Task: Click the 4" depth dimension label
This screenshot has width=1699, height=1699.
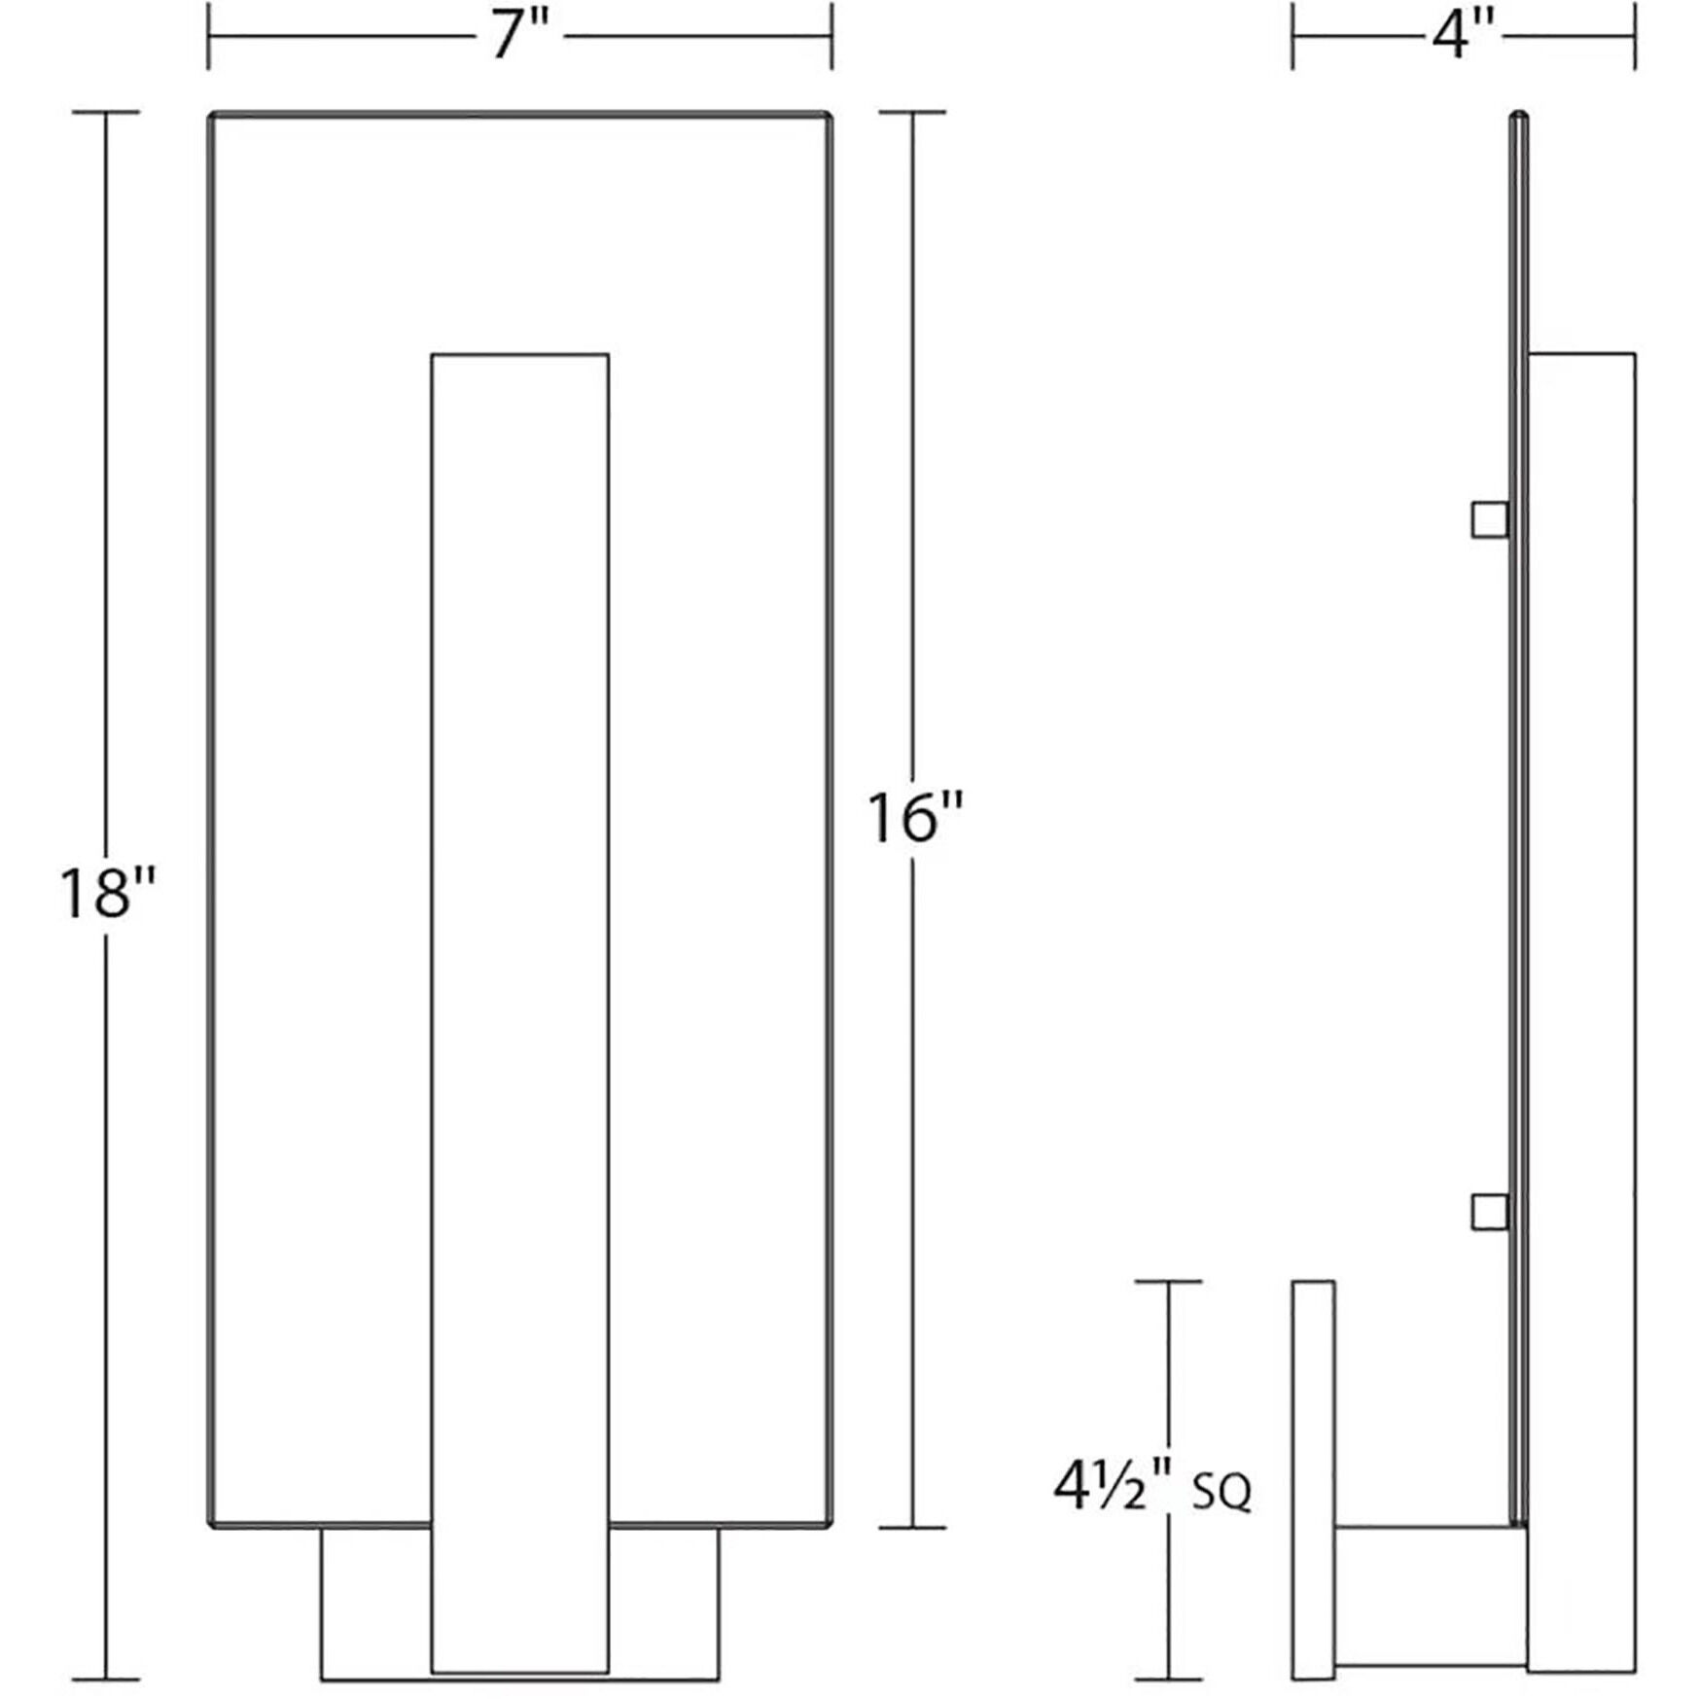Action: click(1463, 37)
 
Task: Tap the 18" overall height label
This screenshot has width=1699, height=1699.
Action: click(107, 893)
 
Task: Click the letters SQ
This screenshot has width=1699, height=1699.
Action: click(1221, 1494)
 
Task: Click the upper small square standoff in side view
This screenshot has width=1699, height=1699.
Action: click(1489, 519)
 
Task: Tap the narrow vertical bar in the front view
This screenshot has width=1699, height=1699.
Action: click(519, 973)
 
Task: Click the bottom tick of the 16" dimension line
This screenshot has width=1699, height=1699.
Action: click(912, 1528)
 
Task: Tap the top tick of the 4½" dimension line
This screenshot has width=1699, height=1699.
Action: click(1168, 1282)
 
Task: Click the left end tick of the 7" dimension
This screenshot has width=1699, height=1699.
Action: click(208, 37)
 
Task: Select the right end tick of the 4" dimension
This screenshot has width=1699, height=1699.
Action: click(1635, 37)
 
